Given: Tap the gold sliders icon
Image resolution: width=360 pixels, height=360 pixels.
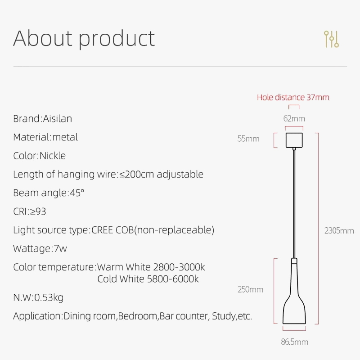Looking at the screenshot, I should (x=331, y=40).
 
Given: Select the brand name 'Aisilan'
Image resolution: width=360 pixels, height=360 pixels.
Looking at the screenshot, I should (x=57, y=119).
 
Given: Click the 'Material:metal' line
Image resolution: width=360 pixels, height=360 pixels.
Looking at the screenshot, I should (x=45, y=137).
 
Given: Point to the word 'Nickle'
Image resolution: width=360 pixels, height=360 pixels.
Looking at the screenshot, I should (x=53, y=156).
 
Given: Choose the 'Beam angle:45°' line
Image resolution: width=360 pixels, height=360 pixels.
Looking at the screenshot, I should (x=49, y=193).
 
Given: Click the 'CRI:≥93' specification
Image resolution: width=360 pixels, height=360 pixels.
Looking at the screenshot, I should (x=30, y=211).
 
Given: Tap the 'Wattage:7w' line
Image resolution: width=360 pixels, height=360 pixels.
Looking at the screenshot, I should (x=40, y=248).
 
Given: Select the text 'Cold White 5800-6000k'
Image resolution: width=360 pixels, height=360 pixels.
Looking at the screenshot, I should (x=148, y=279).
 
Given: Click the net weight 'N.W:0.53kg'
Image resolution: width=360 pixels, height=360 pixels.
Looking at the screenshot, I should (x=38, y=297).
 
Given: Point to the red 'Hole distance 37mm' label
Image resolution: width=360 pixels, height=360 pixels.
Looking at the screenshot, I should (x=293, y=97).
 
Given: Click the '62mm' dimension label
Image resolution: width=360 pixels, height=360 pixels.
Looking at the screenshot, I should (x=294, y=119).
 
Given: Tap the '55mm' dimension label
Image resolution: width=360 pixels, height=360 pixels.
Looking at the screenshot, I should (x=248, y=139).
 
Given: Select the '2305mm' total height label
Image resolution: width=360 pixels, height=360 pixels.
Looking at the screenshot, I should (x=339, y=231).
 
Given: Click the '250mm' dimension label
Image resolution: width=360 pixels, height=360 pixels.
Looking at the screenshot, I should (x=250, y=289).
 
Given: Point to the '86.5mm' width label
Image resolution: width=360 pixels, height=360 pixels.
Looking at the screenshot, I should (x=294, y=342).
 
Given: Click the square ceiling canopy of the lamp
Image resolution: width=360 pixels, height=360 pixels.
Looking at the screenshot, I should (x=294, y=140).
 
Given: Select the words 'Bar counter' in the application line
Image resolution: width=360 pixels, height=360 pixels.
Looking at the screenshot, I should (x=183, y=316).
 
